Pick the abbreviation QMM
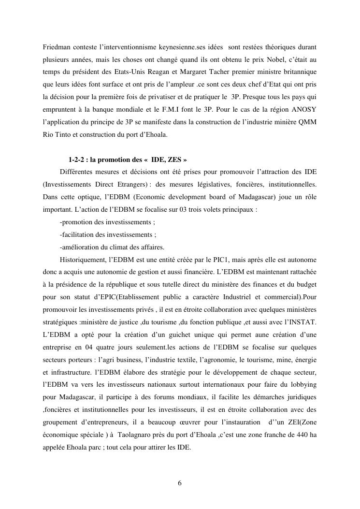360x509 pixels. [x=307, y=122]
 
